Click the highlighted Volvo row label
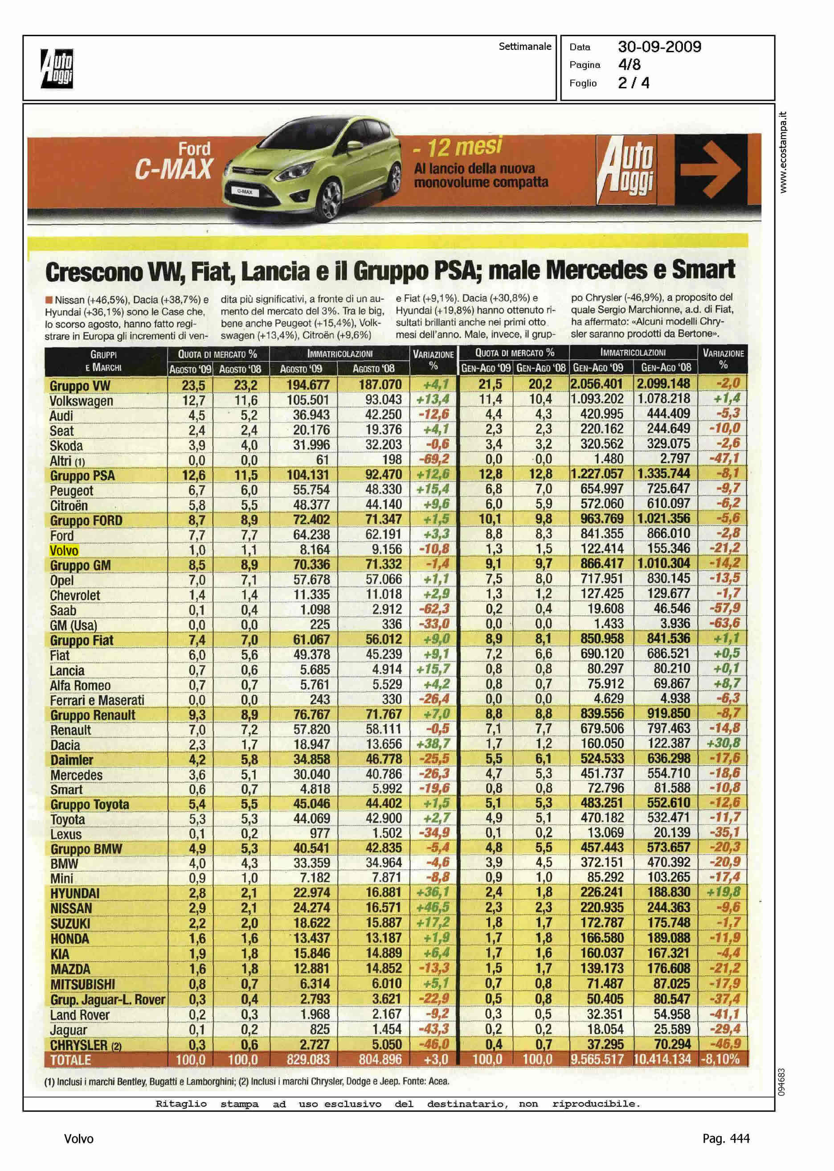click(64, 551)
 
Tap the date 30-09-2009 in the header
click(659, 47)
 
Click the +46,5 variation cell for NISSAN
click(433, 908)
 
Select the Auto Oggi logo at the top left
click(57, 68)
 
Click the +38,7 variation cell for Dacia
click(433, 744)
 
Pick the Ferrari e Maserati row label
click(97, 700)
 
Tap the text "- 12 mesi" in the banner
click(457, 148)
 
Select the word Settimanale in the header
click(524, 47)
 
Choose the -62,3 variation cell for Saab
click(434, 609)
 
